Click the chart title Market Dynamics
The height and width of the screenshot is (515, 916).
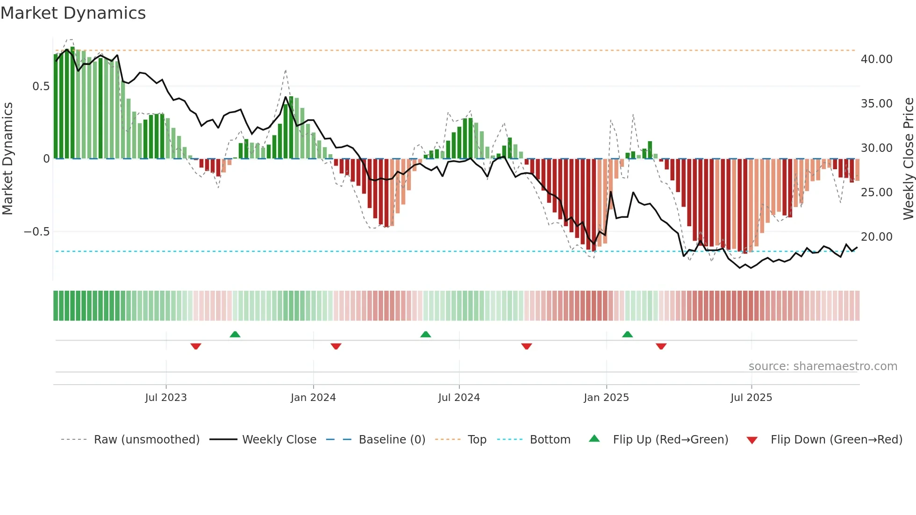coord(73,13)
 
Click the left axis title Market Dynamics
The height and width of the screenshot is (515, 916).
coord(7,158)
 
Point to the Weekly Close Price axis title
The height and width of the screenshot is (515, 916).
coord(908,158)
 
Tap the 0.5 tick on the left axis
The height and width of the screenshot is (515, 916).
coord(41,86)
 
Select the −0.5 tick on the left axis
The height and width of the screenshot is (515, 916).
coord(36,232)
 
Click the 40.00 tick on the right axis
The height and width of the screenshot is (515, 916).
coord(876,59)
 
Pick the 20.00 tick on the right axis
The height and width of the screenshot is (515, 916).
coord(876,237)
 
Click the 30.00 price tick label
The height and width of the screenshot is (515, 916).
coord(876,148)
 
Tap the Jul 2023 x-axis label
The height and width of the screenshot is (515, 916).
coord(166,398)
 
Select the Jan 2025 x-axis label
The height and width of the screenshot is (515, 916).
coord(606,398)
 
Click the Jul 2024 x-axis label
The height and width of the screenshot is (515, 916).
coord(459,398)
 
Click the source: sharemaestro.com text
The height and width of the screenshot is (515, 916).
coord(823,366)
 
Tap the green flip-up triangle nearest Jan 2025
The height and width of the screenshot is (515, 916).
coord(627,335)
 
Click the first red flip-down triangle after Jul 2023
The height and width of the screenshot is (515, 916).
coord(196,346)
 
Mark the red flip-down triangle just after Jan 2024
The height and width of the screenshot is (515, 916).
coord(336,346)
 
